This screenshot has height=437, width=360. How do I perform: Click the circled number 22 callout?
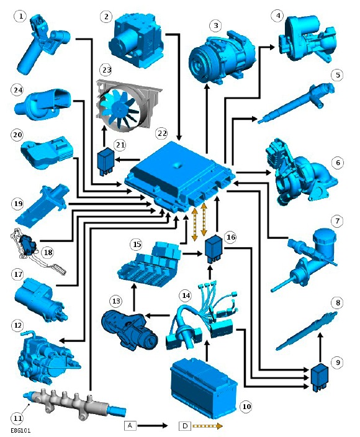162,133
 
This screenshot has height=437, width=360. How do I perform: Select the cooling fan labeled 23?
128,104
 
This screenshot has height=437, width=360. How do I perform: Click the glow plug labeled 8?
306,331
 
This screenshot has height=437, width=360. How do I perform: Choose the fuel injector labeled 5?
296,103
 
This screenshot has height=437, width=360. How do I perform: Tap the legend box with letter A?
130,426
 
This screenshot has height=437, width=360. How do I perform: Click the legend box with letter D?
185,426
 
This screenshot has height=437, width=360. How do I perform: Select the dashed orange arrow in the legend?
207,426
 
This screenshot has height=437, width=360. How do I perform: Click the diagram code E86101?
21,431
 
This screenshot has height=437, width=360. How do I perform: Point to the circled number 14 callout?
186,295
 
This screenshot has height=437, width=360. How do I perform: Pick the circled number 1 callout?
20,17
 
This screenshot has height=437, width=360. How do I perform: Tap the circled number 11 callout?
17,418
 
